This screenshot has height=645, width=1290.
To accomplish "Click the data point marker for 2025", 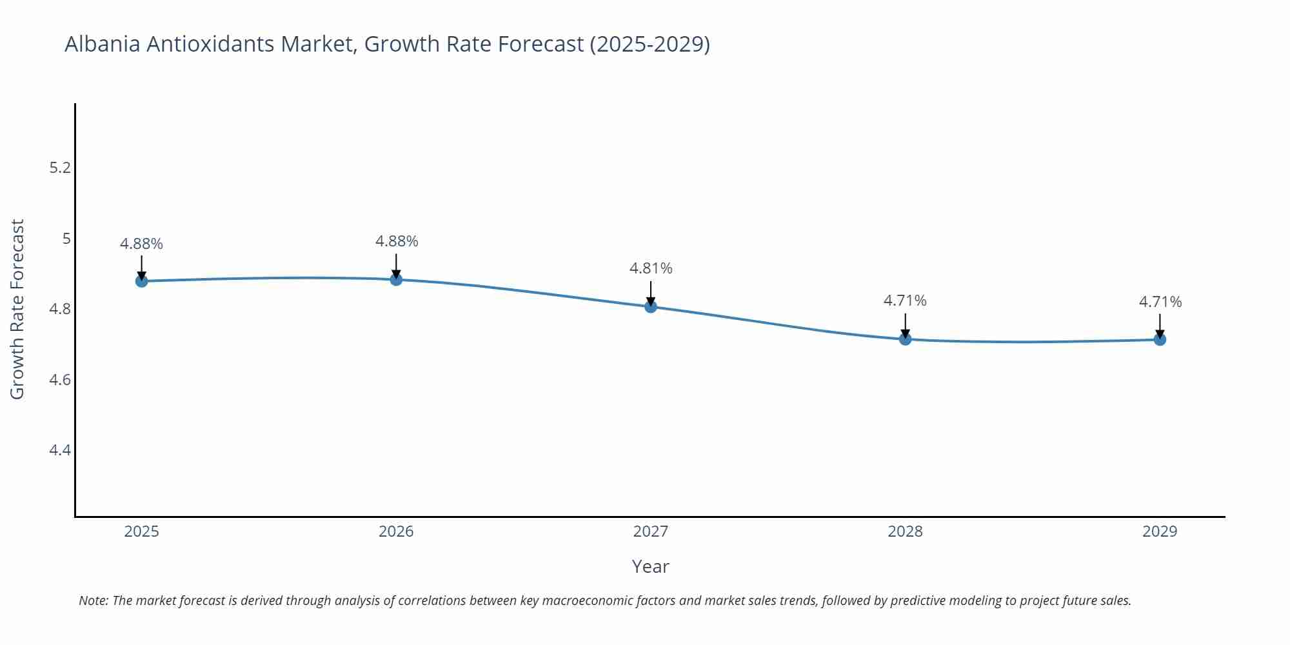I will click(141, 281).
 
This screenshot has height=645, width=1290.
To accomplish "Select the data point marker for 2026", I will click(396, 279).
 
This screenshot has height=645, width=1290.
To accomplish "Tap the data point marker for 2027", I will click(651, 306).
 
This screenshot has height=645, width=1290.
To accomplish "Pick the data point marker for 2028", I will click(905, 339).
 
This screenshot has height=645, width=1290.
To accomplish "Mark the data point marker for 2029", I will click(1160, 339).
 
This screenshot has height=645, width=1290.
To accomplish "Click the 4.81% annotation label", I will click(651, 268).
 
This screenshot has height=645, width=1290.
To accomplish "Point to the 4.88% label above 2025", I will click(141, 244).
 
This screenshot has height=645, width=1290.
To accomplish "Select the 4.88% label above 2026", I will click(397, 241).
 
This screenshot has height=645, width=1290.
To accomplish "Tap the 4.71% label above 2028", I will click(905, 301).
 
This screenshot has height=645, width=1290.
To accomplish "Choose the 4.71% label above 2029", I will click(1160, 302).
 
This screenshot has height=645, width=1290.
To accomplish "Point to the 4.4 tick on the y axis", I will click(60, 450).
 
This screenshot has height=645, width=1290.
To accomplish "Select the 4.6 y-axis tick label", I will click(60, 379).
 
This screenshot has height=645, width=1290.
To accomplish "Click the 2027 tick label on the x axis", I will click(651, 531).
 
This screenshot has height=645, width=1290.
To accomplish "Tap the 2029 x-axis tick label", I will click(1160, 531).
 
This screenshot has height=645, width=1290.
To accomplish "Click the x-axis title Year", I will click(651, 566).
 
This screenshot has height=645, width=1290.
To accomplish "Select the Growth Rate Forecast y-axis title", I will click(17, 309).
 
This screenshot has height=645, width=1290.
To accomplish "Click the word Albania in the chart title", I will click(103, 44).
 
